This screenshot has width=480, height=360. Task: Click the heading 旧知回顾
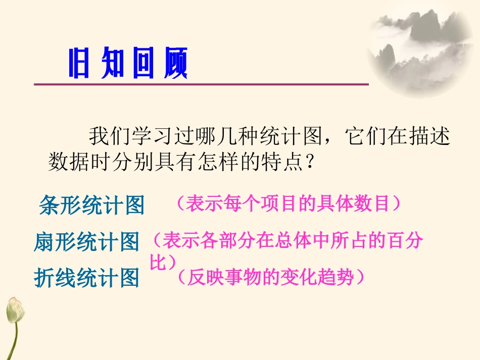tap(128, 63)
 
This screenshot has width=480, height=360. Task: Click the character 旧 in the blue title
tap(79, 64)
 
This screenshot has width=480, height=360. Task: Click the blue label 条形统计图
tap(91, 205)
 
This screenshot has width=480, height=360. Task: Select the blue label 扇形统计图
tap(86, 242)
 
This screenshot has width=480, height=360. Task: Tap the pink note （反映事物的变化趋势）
tap(271, 277)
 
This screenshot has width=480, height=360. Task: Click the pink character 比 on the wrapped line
tap(159, 262)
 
